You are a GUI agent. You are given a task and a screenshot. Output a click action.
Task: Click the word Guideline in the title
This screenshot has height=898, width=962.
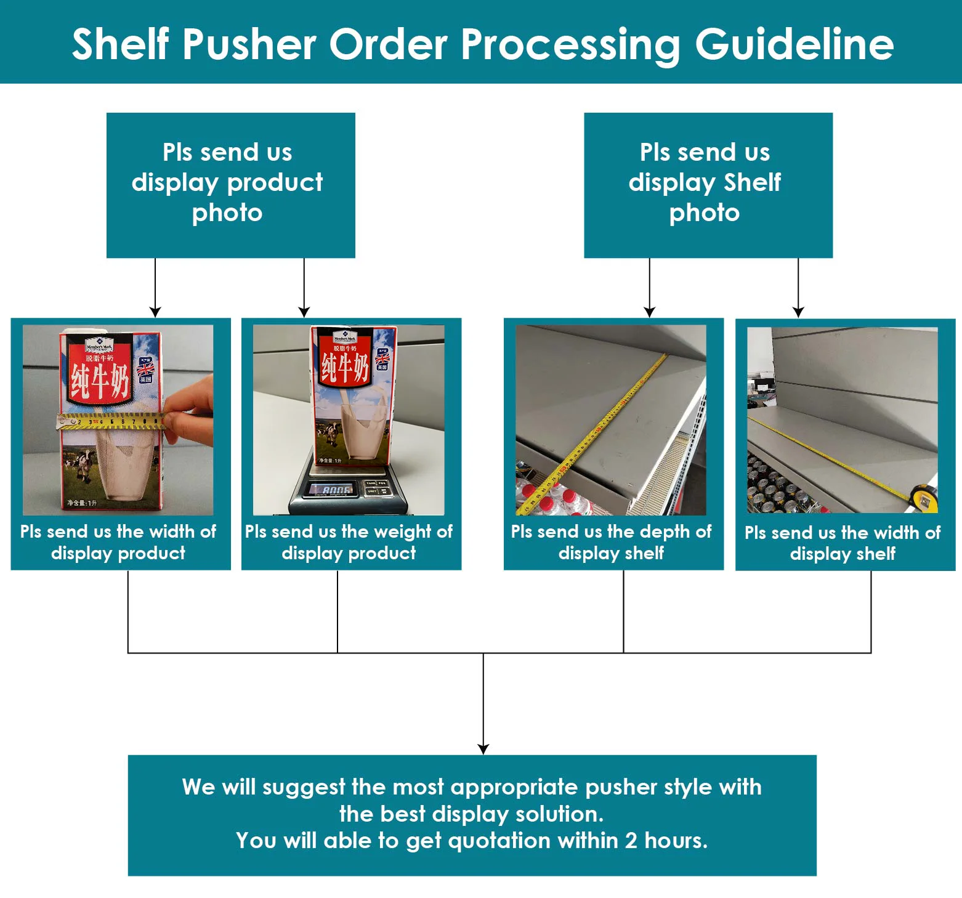[x=794, y=44]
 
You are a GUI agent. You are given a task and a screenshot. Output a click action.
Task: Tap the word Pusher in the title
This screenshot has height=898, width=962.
[x=249, y=44]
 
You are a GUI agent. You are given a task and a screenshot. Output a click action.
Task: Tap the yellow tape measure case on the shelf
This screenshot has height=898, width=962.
[x=923, y=496]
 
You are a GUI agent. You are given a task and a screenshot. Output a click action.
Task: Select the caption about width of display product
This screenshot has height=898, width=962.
[x=118, y=542]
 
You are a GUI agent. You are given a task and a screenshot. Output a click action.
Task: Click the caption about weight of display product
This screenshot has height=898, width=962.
[x=349, y=542]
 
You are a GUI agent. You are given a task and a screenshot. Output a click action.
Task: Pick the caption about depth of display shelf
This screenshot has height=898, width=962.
[x=611, y=542]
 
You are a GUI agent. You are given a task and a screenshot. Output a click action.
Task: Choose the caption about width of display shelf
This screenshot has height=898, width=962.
[x=843, y=543]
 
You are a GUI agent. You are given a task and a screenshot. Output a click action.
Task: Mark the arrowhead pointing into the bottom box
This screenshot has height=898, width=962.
[x=483, y=748]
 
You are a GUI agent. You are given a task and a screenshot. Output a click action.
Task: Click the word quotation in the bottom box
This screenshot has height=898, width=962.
[x=499, y=841]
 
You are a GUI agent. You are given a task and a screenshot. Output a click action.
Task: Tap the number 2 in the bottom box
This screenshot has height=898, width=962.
[x=631, y=841]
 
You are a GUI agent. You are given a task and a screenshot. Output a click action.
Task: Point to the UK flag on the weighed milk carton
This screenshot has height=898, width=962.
[x=382, y=358]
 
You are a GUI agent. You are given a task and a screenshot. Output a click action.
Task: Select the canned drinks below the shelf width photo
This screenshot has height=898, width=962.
[x=776, y=487]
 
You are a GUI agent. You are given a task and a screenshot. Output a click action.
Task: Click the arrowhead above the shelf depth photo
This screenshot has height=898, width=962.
[x=649, y=312]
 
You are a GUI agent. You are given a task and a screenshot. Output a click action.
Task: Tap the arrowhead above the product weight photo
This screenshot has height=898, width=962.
[x=304, y=312]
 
